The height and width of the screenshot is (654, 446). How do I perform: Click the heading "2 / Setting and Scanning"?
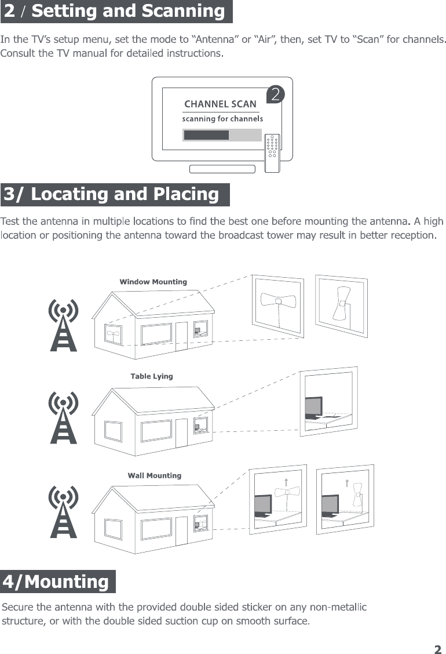[x=116, y=12]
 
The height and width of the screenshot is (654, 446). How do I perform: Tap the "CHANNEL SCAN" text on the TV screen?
[x=220, y=104]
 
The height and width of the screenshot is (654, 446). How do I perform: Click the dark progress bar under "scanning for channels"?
[x=206, y=135]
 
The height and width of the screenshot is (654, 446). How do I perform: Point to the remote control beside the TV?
[x=272, y=153]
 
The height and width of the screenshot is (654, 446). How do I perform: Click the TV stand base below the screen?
[x=222, y=169]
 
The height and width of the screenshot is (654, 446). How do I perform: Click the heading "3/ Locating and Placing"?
[x=114, y=195]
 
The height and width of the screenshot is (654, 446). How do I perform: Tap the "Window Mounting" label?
[x=153, y=282]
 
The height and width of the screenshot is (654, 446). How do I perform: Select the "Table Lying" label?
[x=152, y=376]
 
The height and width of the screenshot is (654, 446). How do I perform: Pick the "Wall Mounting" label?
[x=155, y=475]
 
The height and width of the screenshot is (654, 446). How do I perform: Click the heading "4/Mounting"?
[x=57, y=582]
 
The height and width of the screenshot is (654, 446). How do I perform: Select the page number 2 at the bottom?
[x=438, y=649]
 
